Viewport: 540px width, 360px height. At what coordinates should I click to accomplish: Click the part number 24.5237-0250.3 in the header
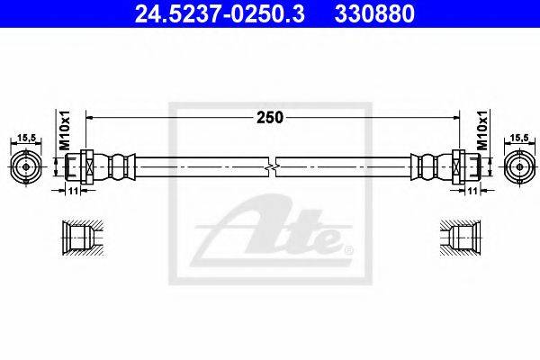pyautogui.click(x=220, y=14)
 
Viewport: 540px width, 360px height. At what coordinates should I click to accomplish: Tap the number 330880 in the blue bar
pyautogui.click(x=374, y=14)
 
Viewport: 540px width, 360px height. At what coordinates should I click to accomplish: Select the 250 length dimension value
pyautogui.click(x=270, y=118)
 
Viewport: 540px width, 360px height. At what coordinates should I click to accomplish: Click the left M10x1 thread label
pyautogui.click(x=65, y=130)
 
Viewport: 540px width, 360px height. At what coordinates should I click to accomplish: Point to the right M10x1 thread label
pyautogui.click(x=482, y=130)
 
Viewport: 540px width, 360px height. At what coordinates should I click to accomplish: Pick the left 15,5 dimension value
pyautogui.click(x=26, y=138)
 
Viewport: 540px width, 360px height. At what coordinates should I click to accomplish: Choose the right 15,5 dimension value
pyautogui.click(x=519, y=138)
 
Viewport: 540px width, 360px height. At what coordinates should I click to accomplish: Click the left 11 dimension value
pyautogui.click(x=73, y=191)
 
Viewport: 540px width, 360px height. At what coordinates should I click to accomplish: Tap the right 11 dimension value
pyautogui.click(x=472, y=191)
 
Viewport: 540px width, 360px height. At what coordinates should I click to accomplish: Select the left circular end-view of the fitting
pyautogui.click(x=26, y=167)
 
